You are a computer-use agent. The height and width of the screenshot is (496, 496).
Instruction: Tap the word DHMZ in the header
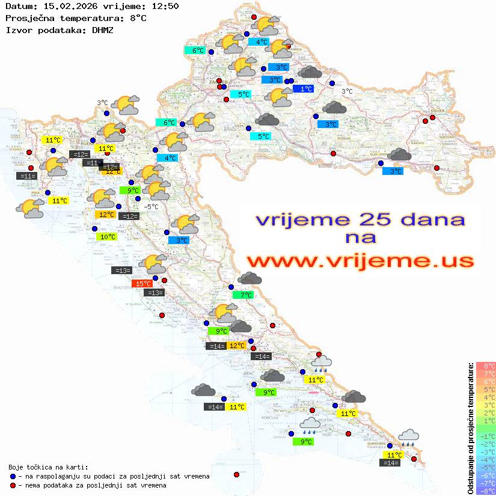coord(103,29)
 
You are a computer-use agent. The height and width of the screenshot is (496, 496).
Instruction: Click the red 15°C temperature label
coord(142,284)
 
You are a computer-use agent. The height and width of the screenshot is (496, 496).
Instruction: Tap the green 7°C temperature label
coord(243,295)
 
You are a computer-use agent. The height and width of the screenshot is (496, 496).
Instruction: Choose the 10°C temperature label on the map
coord(106,237)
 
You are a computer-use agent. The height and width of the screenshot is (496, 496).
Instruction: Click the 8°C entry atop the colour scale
coord(485,366)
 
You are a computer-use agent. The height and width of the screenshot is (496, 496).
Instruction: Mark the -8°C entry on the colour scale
coord(485,491)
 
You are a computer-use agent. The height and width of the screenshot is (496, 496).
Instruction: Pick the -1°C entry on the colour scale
coord(485,436)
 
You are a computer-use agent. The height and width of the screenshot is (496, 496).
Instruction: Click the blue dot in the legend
coord(13,476)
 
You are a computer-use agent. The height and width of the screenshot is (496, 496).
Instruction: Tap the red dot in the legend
coord(13,485)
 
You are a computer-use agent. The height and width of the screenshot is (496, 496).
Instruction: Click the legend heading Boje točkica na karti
coord(48,467)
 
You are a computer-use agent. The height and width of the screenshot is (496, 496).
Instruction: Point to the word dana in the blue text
coord(430,219)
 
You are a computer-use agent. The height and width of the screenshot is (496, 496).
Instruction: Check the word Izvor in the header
coord(17,29)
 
